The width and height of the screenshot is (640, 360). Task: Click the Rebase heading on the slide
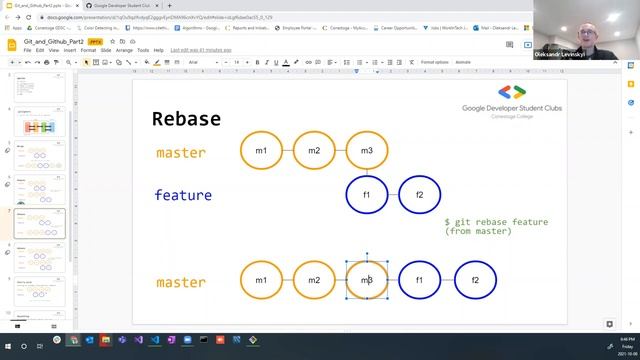tap(186, 119)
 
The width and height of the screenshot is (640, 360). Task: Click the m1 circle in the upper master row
tap(261, 151)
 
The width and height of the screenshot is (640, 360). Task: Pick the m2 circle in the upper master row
tap(314, 151)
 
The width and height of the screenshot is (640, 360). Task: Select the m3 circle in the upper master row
tap(367, 151)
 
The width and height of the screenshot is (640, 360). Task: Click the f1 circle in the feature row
tap(367, 195)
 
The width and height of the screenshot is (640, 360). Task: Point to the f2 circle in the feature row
tap(420, 195)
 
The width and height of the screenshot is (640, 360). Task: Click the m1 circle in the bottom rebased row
tap(261, 281)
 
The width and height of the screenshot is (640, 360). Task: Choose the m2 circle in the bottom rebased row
tap(314, 281)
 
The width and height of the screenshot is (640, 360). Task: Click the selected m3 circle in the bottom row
tap(367, 281)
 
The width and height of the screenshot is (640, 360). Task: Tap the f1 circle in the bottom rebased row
tap(420, 281)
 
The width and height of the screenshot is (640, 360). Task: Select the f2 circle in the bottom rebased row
tap(475, 281)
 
